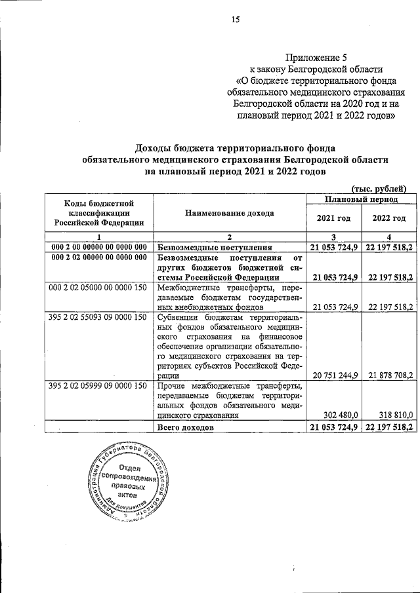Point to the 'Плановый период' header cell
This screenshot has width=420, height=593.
[x=361, y=198]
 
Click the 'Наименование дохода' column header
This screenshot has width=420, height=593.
[x=230, y=213]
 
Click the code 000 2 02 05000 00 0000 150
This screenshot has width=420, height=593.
[x=98, y=287]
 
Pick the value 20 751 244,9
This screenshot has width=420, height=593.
[x=332, y=376]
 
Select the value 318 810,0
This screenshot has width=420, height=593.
[x=392, y=415]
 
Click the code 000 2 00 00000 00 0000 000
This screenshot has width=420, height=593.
[x=98, y=246]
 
